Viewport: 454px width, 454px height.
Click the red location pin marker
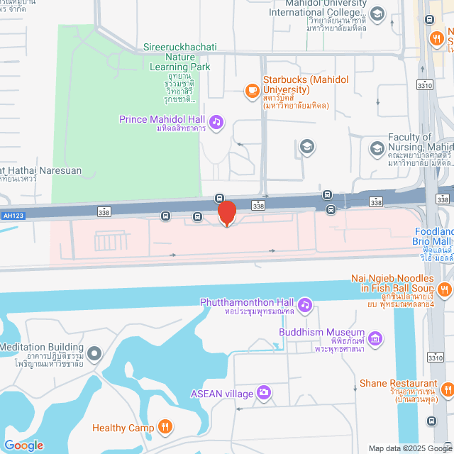click(x=226, y=214)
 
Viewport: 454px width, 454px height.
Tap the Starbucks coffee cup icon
click(x=252, y=90)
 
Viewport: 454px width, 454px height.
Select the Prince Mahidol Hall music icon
click(x=216, y=122)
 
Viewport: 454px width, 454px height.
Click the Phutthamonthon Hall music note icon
click(x=304, y=304)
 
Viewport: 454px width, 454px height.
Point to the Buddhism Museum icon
click(x=376, y=338)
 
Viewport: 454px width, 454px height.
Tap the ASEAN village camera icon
click(x=264, y=392)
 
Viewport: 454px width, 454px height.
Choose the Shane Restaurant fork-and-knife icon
click(x=446, y=389)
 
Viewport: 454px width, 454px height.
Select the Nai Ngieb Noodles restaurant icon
click(x=445, y=288)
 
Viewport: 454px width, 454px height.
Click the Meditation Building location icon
click(x=95, y=353)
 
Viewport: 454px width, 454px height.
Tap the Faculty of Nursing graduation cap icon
click(x=376, y=148)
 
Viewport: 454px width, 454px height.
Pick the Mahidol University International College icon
click(x=377, y=13)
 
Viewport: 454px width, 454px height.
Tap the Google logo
click(x=23, y=445)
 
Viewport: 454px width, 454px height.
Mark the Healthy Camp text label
click(x=123, y=428)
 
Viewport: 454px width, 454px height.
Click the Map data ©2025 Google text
click(x=410, y=448)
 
